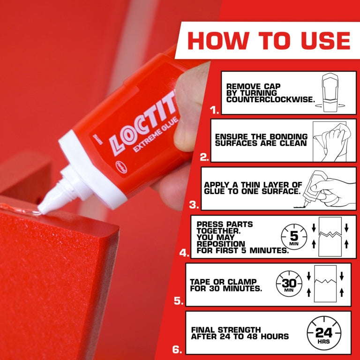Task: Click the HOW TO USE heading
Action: click(x=269, y=40)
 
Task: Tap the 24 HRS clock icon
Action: click(x=323, y=333)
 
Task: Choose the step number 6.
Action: click(x=176, y=349)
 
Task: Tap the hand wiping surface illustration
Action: click(x=329, y=140)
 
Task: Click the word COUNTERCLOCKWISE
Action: click(x=270, y=100)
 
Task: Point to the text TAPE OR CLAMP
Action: click(x=223, y=282)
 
